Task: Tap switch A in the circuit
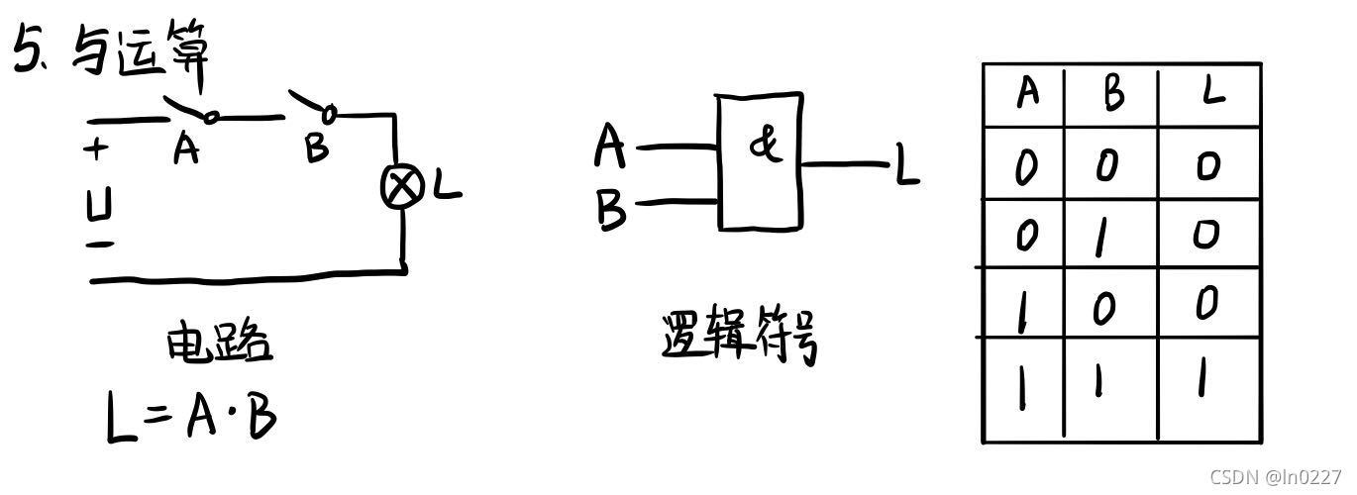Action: pyautogui.click(x=190, y=109)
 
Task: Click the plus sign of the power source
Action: pyautogui.click(x=96, y=150)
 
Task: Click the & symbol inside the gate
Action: pyautogui.click(x=764, y=146)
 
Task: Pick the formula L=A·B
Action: pyautogui.click(x=191, y=417)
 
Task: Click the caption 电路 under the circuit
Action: pyautogui.click(x=217, y=345)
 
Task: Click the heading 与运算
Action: pyautogui.click(x=139, y=49)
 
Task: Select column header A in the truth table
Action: pyautogui.click(x=1027, y=94)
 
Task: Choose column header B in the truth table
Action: pyautogui.click(x=1113, y=95)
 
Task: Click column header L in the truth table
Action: pyautogui.click(x=1210, y=92)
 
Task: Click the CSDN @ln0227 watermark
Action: pyautogui.click(x=1275, y=476)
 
